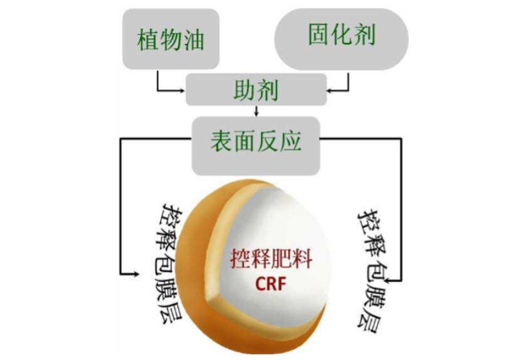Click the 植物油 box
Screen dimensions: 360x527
pos(171,39)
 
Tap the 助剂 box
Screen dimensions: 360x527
pos(256,90)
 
